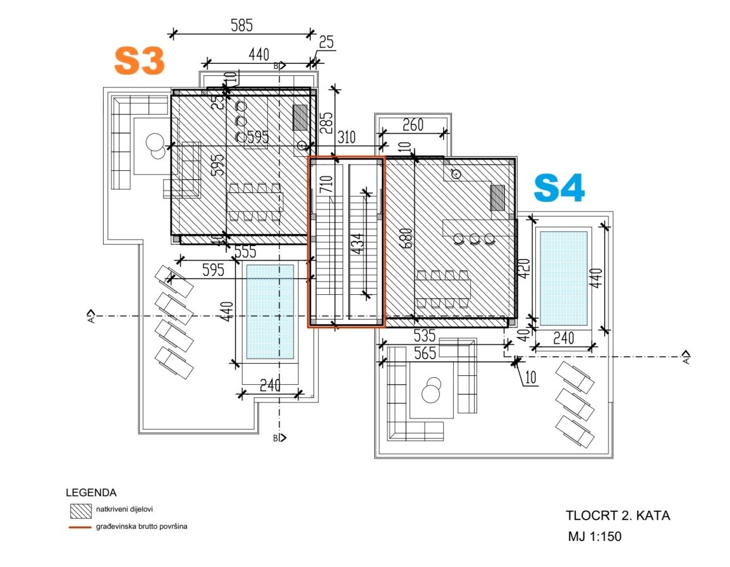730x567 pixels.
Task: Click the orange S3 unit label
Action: point(139,61)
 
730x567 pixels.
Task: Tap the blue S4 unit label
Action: point(559,188)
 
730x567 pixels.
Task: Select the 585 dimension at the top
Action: point(241,26)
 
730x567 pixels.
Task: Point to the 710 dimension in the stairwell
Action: point(326,184)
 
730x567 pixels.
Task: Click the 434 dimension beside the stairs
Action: point(357,244)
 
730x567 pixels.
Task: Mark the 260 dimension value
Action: point(412,125)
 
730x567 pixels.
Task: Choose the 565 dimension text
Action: point(425,354)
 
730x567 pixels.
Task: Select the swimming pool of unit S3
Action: point(270,311)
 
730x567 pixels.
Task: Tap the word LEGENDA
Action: point(91,492)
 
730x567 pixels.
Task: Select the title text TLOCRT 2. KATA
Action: point(617,515)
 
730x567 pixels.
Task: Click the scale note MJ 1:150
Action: point(594,537)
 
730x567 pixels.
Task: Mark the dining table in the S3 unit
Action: point(255,202)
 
